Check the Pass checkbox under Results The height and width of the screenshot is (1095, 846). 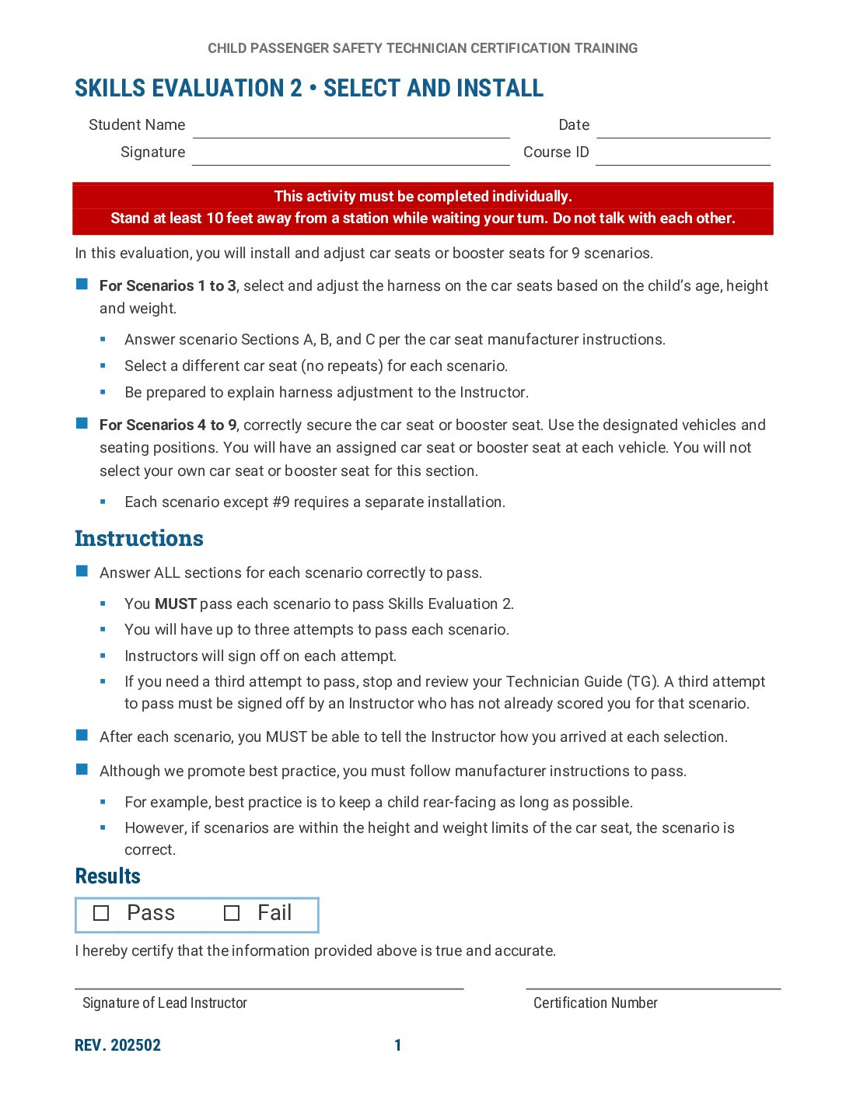pos(101,913)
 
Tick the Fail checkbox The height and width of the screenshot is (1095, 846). pos(232,913)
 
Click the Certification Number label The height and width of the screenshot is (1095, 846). pos(596,1003)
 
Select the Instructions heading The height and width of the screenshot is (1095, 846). pos(139,538)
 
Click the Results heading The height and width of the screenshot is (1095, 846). pos(108,876)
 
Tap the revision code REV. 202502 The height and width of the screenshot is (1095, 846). pos(117,1045)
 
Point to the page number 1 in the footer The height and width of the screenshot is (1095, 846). pos(398,1045)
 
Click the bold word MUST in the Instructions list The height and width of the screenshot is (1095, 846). pos(176,603)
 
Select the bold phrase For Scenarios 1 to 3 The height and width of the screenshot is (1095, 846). pos(168,285)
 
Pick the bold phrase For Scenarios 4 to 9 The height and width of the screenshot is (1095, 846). pos(168,425)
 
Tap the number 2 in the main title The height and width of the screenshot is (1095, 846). pos(296,88)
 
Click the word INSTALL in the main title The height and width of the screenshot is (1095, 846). pos(500,88)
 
